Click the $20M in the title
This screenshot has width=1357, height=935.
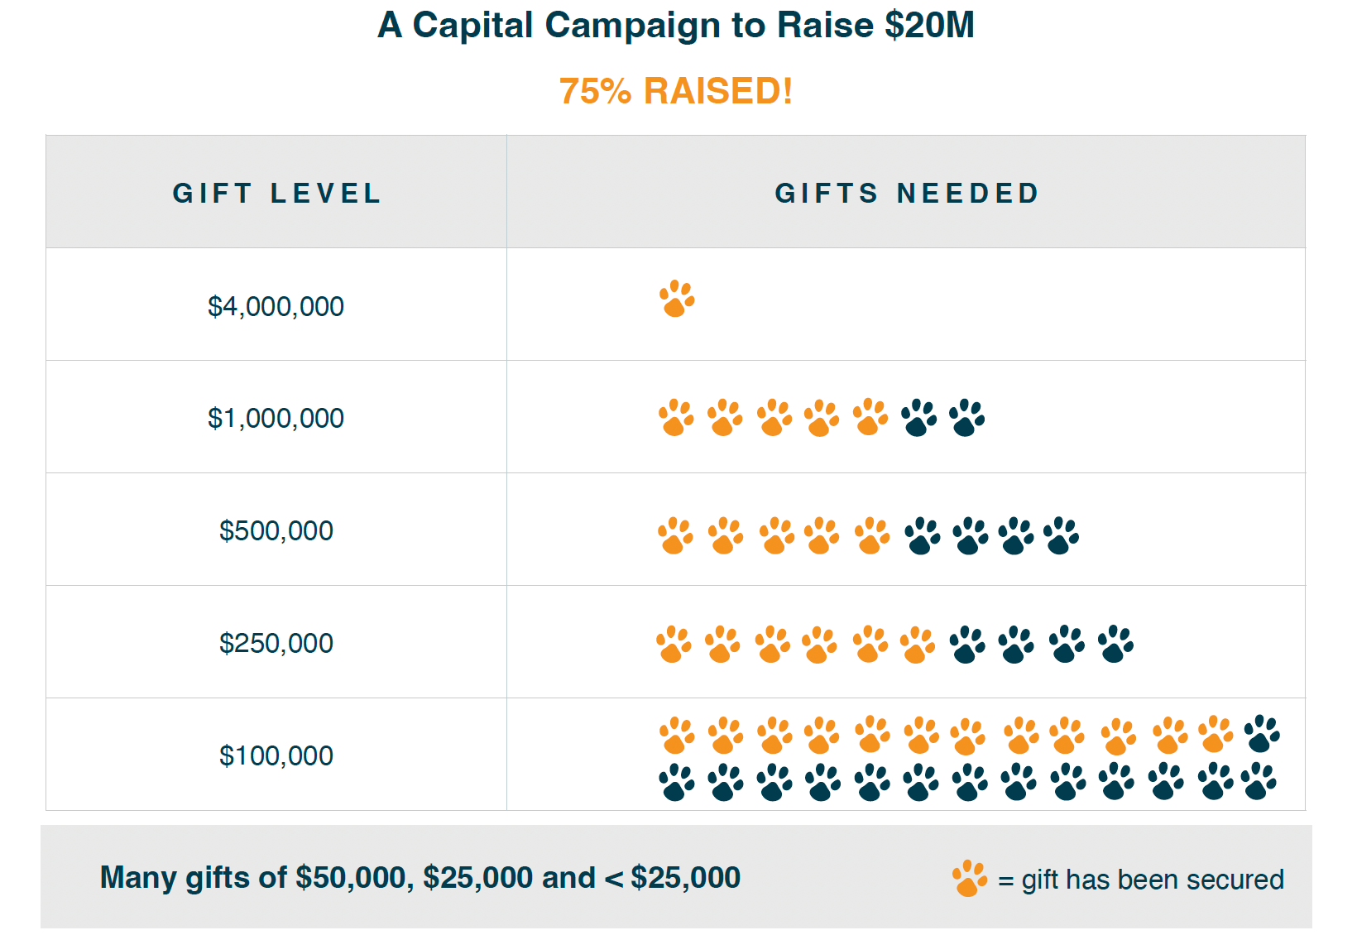(x=929, y=25)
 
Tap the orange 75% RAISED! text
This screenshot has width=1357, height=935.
(x=676, y=91)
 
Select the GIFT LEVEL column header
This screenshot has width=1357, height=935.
(x=276, y=194)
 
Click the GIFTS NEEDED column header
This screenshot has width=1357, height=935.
(x=907, y=194)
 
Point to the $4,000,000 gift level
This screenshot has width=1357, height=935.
(x=276, y=306)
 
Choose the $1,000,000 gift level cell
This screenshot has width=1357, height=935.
(x=276, y=418)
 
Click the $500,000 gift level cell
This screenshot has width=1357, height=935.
(x=276, y=530)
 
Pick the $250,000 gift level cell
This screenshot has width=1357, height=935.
(x=276, y=643)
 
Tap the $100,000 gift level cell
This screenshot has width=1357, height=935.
(x=276, y=755)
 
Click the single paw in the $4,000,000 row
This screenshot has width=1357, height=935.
(x=677, y=299)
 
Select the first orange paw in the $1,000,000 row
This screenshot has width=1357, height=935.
(x=677, y=418)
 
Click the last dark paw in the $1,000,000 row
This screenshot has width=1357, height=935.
(x=966, y=418)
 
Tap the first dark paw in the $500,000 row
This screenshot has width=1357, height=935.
(x=922, y=536)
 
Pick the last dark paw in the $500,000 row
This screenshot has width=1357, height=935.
(x=1061, y=536)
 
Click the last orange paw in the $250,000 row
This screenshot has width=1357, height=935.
(x=917, y=645)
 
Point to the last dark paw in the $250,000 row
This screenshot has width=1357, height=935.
(x=1115, y=644)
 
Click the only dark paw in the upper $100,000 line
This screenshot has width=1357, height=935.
(x=1262, y=733)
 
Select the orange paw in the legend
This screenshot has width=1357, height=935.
(x=970, y=879)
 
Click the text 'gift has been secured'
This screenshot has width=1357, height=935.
(x=1152, y=879)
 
